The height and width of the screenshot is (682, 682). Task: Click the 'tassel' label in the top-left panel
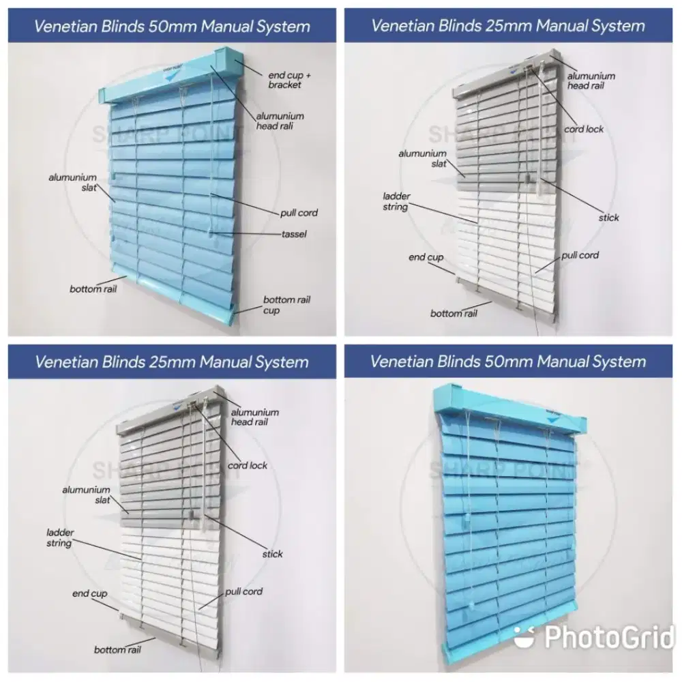coord(294,234)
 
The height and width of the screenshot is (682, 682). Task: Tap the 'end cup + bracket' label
coord(279,80)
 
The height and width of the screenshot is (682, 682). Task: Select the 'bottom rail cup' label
coord(287,305)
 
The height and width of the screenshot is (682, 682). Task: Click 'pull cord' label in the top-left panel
coord(299,213)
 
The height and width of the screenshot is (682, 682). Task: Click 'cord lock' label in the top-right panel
coord(584,129)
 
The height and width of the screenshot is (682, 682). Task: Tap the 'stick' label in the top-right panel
coord(609,218)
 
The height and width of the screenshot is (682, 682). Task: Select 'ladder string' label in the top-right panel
coord(396,201)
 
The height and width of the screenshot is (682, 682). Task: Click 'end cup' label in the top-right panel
coord(426,257)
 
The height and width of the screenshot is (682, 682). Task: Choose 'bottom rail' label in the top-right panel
coord(454,313)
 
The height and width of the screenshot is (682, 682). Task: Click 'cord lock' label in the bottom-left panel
coord(248,465)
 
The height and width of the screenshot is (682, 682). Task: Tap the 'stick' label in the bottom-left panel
coord(272,554)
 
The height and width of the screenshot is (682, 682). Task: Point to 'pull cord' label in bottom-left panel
coord(243,591)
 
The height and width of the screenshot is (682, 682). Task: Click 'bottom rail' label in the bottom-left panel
coord(117,649)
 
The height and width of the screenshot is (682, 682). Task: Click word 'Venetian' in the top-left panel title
coord(61,27)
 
